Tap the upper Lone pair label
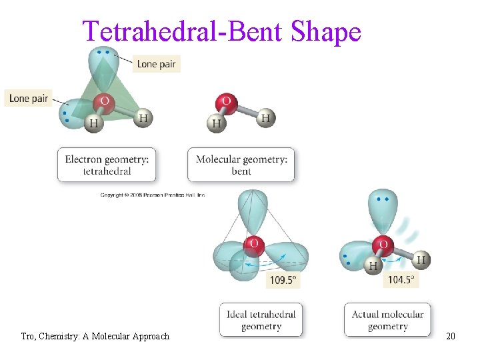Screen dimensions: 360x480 tap(157, 64)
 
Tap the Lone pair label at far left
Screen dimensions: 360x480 tap(28, 98)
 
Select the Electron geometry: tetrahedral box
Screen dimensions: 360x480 tap(107, 165)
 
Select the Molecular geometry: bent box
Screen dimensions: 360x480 tap(241, 165)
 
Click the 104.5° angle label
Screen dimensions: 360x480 tap(401, 280)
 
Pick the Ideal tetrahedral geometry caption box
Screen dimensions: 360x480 tap(261, 320)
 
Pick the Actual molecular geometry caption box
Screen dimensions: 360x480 tap(387, 320)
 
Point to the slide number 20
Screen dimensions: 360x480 tap(451, 336)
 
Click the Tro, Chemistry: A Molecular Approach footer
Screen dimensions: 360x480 tap(95, 336)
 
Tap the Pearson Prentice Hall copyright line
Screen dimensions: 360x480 tap(152, 195)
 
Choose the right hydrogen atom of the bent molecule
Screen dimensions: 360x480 tap(265, 118)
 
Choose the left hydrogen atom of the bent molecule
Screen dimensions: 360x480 tap(216, 123)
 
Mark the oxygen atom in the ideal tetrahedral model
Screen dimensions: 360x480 tap(253, 245)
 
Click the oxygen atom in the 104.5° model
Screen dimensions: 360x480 tap(383, 245)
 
